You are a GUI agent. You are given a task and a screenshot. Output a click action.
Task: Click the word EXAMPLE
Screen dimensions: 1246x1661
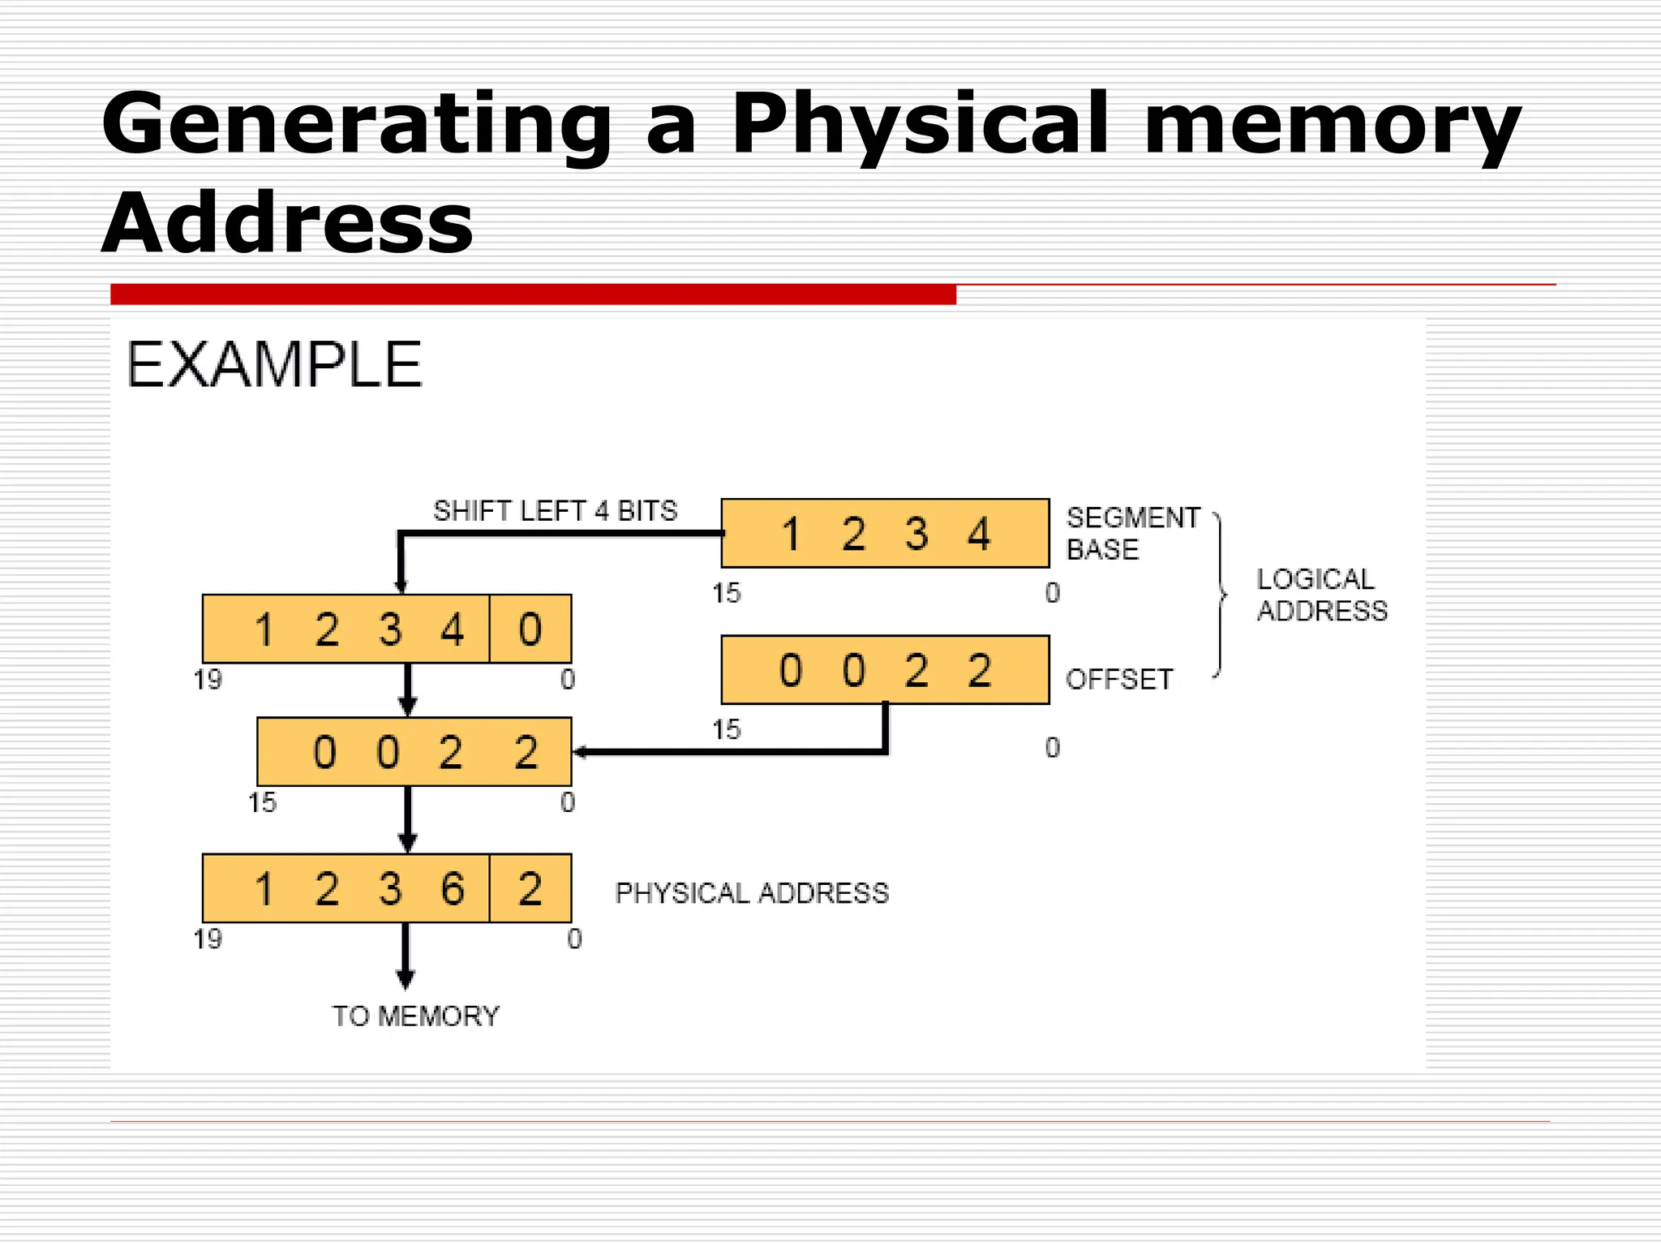pyautogui.click(x=274, y=365)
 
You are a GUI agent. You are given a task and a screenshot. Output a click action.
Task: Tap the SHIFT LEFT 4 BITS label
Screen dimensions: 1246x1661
pyautogui.click(x=555, y=511)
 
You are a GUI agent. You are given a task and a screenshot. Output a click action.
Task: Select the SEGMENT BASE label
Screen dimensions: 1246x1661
pyautogui.click(x=1132, y=533)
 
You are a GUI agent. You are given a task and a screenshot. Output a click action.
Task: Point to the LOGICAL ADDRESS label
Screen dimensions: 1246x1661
pyautogui.click(x=1321, y=595)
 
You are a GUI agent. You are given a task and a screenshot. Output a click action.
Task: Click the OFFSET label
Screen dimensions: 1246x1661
pyautogui.click(x=1118, y=679)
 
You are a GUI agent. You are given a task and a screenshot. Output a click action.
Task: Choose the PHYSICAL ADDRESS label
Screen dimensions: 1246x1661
pyautogui.click(x=752, y=893)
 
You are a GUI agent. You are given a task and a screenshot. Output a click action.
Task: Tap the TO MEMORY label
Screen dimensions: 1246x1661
pyautogui.click(x=416, y=1016)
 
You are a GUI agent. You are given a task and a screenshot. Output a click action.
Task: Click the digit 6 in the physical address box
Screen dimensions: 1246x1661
pyautogui.click(x=453, y=888)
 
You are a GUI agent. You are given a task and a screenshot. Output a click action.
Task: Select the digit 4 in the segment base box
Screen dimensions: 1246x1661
pyautogui.click(x=979, y=534)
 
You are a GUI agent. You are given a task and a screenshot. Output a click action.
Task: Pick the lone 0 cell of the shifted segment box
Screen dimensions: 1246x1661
pyautogui.click(x=530, y=629)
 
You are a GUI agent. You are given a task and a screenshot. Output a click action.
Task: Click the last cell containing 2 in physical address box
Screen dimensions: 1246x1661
pyautogui.click(x=530, y=888)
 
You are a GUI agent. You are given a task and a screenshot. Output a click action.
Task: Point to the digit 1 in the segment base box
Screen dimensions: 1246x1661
pyautogui.click(x=791, y=534)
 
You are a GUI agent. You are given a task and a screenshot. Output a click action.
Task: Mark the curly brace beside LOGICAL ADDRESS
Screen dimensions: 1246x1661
pyautogui.click(x=1221, y=595)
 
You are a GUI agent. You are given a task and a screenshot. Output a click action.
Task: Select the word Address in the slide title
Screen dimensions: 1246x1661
pyautogui.click(x=287, y=223)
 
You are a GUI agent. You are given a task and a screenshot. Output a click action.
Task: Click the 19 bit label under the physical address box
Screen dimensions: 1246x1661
pyautogui.click(x=208, y=939)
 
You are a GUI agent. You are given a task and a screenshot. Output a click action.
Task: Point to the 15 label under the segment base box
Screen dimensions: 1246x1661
pyautogui.click(x=727, y=593)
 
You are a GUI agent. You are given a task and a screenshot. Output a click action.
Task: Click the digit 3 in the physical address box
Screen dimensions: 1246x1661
pyautogui.click(x=390, y=888)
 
